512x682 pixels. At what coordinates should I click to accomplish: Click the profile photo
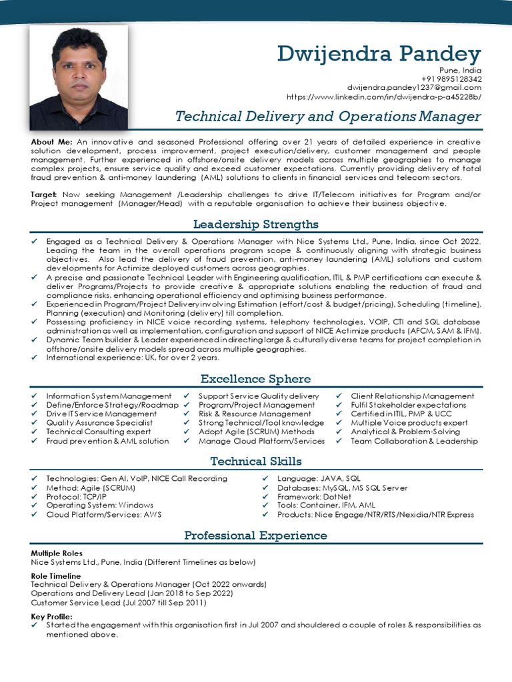tap(79, 77)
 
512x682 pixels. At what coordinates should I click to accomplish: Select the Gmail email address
tap(413, 87)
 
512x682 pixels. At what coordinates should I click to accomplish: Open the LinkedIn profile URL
tap(383, 97)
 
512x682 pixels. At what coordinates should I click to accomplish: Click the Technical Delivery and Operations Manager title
tap(327, 117)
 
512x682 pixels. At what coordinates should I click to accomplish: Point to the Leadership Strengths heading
tap(256, 224)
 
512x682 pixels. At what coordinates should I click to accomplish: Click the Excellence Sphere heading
tap(256, 379)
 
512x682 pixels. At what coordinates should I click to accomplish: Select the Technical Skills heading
tap(256, 461)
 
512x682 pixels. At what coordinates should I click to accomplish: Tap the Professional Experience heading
tap(256, 535)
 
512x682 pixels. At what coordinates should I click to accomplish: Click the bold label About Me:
tap(52, 143)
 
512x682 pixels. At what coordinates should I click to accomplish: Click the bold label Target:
tap(44, 194)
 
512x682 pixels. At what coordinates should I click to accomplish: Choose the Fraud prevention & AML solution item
tap(107, 441)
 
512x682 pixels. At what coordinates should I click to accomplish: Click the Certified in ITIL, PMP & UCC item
tap(401, 414)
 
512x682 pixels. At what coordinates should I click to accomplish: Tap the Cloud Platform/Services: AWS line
tap(103, 515)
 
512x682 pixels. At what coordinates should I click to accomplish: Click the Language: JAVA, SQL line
tap(319, 478)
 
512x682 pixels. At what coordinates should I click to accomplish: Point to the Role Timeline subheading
tap(56, 575)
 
